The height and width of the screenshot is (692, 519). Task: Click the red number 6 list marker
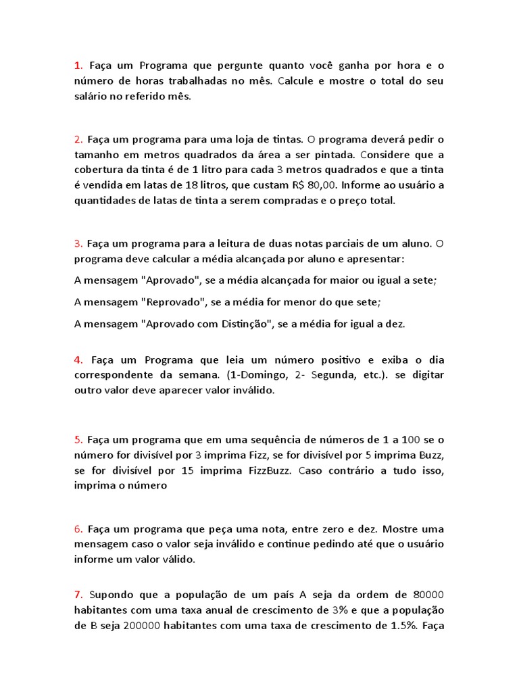click(78, 529)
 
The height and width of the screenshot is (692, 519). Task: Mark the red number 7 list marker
click(78, 595)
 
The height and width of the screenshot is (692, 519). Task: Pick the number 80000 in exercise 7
click(427, 595)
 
